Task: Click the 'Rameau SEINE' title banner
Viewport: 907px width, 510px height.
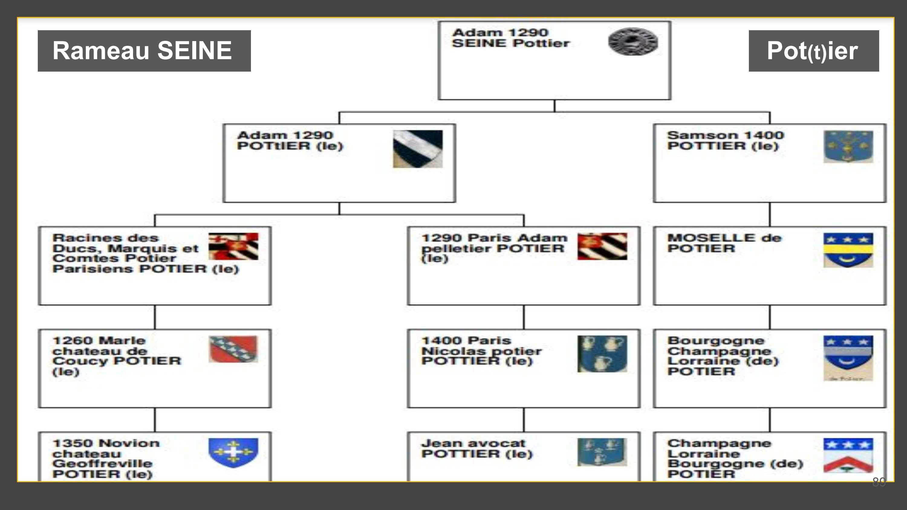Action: (144, 51)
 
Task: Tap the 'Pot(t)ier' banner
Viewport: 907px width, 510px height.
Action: (813, 51)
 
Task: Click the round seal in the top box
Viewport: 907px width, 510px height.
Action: (633, 41)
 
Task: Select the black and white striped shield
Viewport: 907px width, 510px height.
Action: (418, 149)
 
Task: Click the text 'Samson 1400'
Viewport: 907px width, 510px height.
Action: (725, 135)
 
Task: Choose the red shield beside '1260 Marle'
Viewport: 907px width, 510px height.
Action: (233, 349)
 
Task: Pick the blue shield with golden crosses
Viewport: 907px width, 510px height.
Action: (233, 453)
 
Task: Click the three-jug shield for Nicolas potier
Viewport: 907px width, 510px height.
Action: (602, 353)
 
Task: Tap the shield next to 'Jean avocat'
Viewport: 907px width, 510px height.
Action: (602, 452)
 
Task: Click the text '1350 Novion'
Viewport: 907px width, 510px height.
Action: (106, 443)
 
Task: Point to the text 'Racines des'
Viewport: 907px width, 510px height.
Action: (106, 238)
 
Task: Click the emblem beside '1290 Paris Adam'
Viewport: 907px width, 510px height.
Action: (602, 246)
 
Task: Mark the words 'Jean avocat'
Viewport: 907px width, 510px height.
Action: (473, 443)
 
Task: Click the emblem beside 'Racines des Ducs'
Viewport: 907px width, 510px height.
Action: (233, 246)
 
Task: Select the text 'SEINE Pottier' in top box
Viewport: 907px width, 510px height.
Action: (511, 43)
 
